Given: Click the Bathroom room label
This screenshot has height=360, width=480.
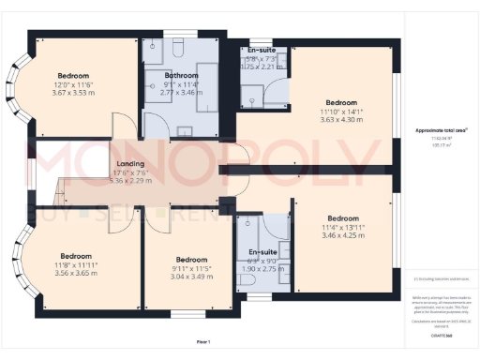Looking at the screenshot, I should coord(181,75).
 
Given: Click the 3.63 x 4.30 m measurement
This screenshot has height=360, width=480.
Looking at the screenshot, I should coord(342,120).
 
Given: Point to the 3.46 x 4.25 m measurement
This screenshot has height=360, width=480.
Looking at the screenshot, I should coord(342,235).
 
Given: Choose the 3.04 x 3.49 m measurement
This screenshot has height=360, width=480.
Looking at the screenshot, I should coord(191,277).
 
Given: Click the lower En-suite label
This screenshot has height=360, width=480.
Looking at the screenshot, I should coord(262,253).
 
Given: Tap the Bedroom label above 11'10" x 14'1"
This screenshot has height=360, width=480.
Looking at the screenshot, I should coord(342,102).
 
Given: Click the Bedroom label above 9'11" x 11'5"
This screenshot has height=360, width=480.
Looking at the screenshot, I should coord(191,260).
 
